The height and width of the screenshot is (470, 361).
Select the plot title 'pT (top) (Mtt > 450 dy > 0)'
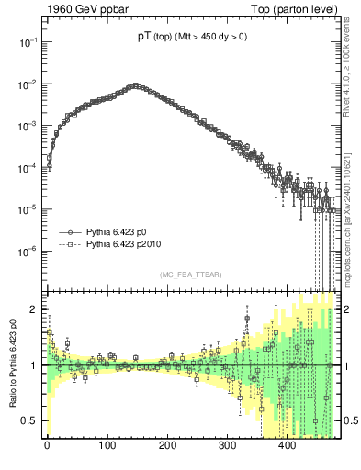pos(191,38)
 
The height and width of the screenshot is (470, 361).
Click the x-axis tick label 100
pos(107,445)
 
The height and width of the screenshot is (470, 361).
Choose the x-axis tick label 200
pos(167,445)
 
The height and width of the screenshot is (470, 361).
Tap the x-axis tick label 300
pos(227,445)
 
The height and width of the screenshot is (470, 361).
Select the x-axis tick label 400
pos(287,445)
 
